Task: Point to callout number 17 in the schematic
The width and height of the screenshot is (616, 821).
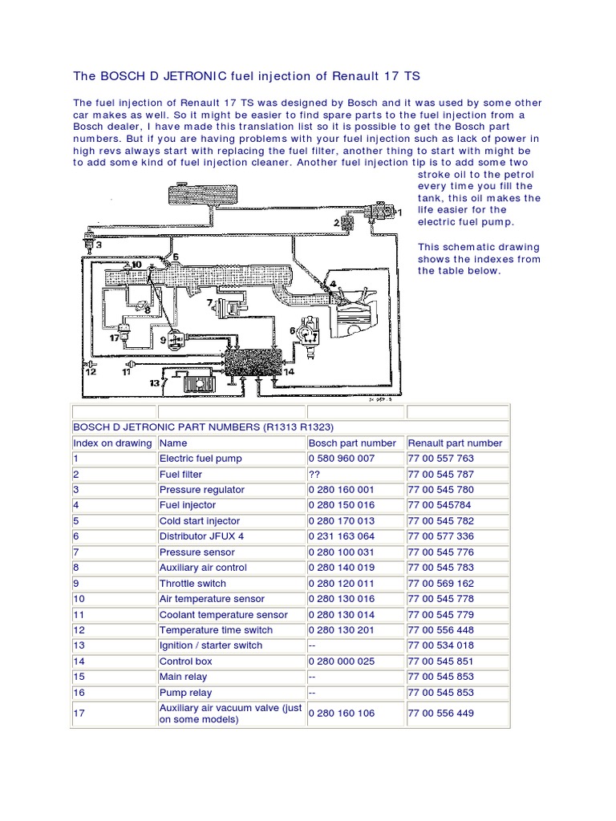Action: (x=115, y=338)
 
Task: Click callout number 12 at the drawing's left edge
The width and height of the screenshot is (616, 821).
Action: (x=91, y=371)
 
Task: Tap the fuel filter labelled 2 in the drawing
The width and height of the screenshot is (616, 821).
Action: (x=346, y=221)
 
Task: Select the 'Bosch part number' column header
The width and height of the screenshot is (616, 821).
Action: (x=351, y=443)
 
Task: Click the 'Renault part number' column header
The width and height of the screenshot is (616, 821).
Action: (x=455, y=443)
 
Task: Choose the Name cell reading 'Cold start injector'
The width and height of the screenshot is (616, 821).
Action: (x=199, y=521)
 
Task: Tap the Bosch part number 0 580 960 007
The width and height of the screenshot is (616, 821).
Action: (x=341, y=459)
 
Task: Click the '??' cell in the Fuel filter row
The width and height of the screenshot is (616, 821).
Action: (x=314, y=474)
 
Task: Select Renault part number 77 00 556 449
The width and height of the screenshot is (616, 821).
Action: (x=440, y=713)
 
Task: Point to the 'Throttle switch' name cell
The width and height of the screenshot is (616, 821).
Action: (x=192, y=584)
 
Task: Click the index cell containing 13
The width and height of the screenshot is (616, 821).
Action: (x=79, y=645)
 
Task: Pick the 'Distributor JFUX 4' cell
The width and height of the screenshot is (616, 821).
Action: (x=201, y=536)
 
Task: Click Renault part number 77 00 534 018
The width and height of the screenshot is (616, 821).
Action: (x=440, y=645)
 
